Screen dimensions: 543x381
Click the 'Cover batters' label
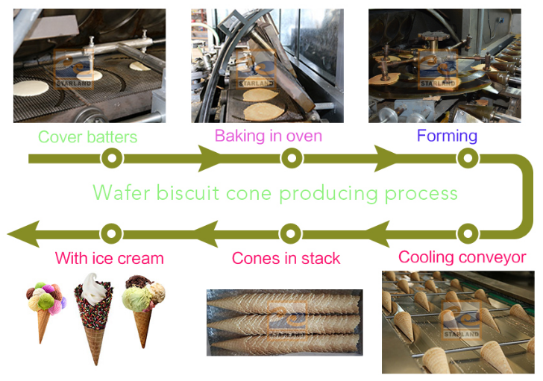(87, 137)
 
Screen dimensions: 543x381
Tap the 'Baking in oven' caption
(269, 136)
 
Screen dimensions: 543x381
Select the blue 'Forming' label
(447, 136)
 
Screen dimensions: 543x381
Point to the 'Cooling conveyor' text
(462, 257)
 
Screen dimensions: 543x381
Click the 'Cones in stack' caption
(286, 258)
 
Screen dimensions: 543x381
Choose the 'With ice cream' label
(109, 258)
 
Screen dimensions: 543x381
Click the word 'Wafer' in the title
(122, 192)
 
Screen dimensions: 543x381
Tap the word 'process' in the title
(421, 194)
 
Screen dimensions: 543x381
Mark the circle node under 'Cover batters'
(112, 158)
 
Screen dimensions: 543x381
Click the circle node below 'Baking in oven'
(292, 158)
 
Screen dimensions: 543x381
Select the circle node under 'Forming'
(468, 158)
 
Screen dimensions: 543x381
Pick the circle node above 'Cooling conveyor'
(468, 233)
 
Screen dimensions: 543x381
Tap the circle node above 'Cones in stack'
(291, 233)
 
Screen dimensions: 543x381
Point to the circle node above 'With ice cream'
(111, 233)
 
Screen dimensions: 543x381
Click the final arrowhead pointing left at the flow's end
(24, 234)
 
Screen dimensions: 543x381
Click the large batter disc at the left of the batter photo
(31, 88)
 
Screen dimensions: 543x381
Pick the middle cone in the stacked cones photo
(284, 324)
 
